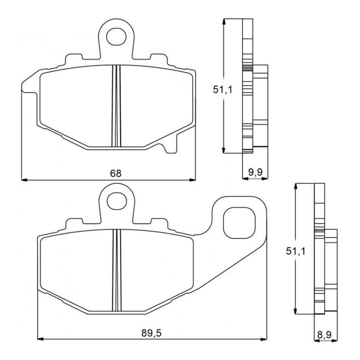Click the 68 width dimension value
(x=116, y=173)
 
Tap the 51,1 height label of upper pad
(x=222, y=90)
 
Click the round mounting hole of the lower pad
(x=117, y=198)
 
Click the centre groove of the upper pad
(x=117, y=106)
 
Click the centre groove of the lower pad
(x=117, y=270)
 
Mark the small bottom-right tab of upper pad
(x=168, y=147)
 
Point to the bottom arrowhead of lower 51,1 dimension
(x=295, y=312)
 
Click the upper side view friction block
(x=261, y=106)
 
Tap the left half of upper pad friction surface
(x=76, y=106)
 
